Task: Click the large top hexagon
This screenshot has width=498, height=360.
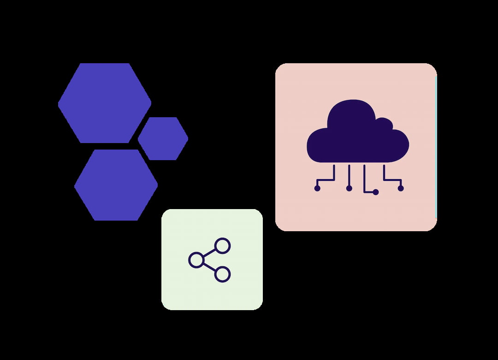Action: click(105, 103)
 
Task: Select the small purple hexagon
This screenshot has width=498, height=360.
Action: click(163, 138)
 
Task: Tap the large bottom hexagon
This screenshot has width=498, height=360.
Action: click(116, 185)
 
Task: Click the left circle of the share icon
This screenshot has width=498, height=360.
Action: click(196, 260)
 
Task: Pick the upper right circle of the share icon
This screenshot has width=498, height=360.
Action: click(222, 246)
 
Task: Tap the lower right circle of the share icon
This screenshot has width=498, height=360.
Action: click(222, 274)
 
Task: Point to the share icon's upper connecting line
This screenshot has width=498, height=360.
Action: click(209, 252)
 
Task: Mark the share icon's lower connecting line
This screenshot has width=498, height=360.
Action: click(209, 267)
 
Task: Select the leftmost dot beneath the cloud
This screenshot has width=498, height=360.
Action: click(317, 188)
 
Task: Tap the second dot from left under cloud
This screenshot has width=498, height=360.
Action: click(349, 188)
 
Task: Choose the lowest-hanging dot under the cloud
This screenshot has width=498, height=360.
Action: click(376, 192)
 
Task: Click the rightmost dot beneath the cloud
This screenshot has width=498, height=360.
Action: click(400, 188)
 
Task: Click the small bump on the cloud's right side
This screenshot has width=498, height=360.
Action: click(385, 124)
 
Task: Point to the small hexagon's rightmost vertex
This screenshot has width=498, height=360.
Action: click(188, 138)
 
